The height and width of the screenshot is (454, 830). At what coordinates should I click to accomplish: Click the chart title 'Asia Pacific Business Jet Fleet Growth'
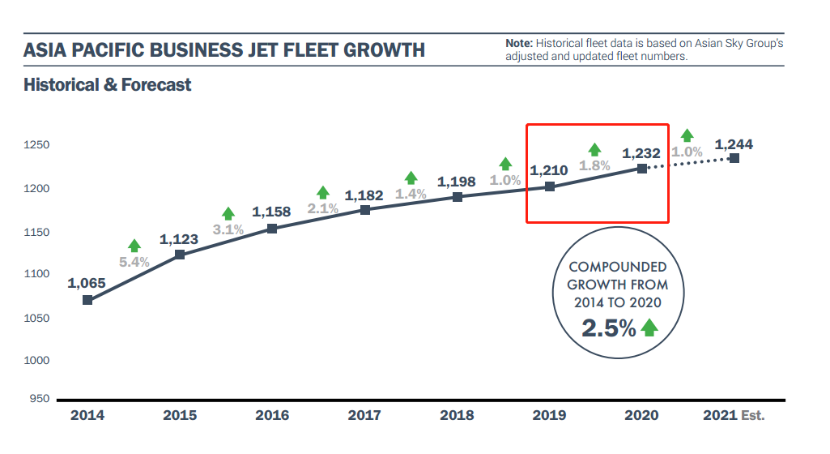224,50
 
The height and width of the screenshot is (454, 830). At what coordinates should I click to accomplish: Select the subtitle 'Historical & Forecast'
108,84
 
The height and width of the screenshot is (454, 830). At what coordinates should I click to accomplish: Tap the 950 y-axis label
41,399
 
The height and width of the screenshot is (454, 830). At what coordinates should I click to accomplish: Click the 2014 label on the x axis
87,416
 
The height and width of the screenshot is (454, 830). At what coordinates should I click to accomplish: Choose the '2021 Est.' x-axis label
734,416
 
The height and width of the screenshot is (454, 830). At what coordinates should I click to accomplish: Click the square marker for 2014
87,300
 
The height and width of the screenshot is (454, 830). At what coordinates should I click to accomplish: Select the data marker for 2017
365,210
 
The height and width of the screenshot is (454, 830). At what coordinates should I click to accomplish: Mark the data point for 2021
734,158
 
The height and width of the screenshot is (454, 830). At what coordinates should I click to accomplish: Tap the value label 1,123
180,240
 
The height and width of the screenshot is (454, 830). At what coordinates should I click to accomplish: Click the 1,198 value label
457,182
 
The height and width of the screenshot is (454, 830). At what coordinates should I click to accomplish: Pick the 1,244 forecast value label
734,145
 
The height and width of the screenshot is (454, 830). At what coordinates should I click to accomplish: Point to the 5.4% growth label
134,262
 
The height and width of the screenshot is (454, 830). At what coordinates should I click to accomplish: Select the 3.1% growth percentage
228,229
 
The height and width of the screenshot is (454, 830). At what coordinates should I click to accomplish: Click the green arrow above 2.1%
323,193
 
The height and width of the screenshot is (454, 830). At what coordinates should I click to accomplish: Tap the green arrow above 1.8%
595,149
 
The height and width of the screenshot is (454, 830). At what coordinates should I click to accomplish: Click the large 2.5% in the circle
609,328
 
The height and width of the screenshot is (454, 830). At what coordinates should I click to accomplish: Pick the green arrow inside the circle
649,328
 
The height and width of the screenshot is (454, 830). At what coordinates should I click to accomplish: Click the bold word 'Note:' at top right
519,42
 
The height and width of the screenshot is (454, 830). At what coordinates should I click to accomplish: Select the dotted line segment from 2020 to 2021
688,164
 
